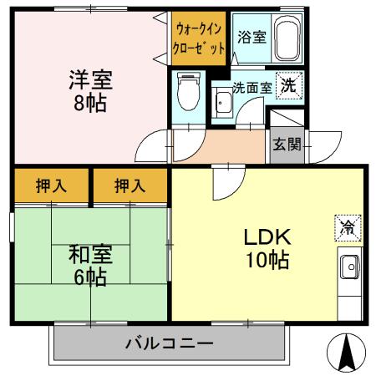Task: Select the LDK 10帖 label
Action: [x=267, y=248]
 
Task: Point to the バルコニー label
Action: [x=170, y=343]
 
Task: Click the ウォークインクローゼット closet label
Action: [x=199, y=38]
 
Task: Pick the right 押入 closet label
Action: [x=130, y=186]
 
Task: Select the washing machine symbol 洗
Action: [x=287, y=84]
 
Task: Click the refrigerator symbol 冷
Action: [x=347, y=226]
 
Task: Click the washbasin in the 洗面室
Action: [x=223, y=104]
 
